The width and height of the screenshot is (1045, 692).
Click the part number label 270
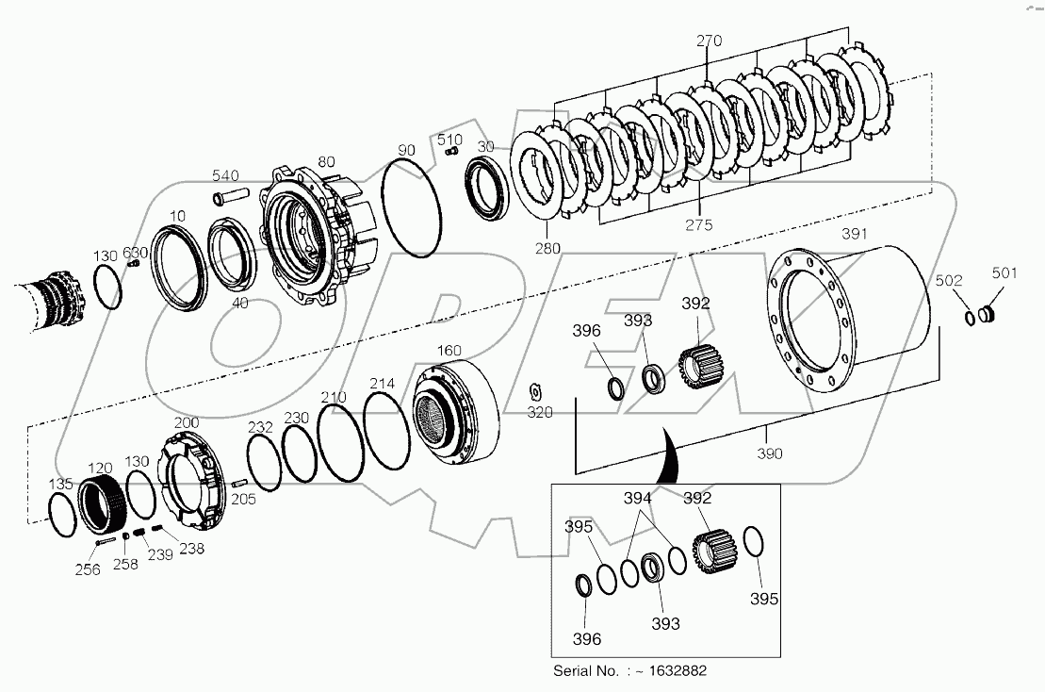tap(709, 41)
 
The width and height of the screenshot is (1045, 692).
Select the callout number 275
tap(699, 224)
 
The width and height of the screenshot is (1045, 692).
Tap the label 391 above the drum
tap(854, 234)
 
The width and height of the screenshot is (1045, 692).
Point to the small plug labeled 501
tap(985, 314)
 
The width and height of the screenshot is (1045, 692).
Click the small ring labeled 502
tap(969, 318)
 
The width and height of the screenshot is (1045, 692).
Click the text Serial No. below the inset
tap(590, 671)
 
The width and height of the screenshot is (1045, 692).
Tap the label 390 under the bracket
tap(770, 454)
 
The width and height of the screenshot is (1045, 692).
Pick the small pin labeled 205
tap(239, 484)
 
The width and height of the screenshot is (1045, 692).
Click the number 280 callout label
tap(547, 248)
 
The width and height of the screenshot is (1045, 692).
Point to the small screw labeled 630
tap(134, 265)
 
